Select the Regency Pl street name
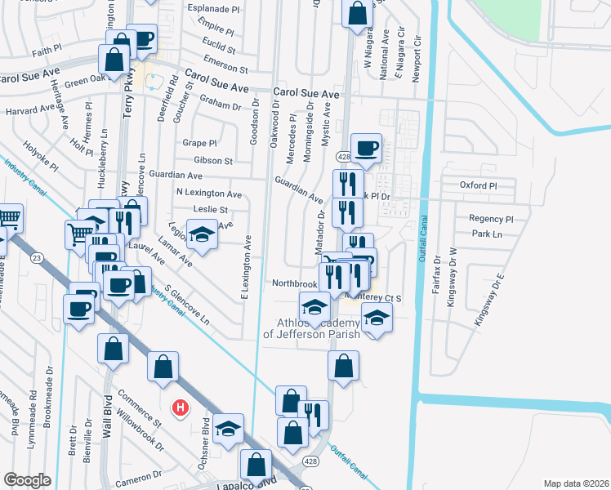click(490, 219)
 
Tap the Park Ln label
click(486, 234)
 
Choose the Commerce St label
click(139, 405)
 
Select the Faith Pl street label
click(25, 50)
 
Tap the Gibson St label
click(214, 161)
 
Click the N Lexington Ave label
click(209, 194)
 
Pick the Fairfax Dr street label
click(437, 270)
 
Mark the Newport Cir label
click(417, 51)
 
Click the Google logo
click(27, 480)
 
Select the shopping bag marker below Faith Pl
click(114, 60)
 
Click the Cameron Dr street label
click(132, 482)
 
